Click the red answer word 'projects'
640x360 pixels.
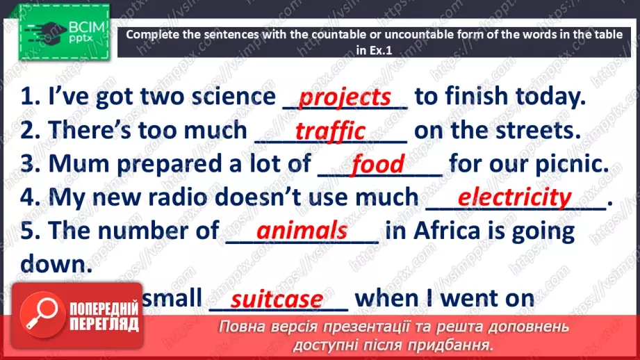tap(345, 98)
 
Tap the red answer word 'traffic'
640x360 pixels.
tap(330, 131)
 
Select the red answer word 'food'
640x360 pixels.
tap(377, 165)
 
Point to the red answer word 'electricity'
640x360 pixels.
tap(514, 197)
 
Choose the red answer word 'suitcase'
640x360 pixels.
tap(277, 300)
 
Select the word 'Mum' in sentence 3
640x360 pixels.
tap(75, 164)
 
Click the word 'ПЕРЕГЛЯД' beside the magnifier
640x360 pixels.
tap(104, 324)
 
